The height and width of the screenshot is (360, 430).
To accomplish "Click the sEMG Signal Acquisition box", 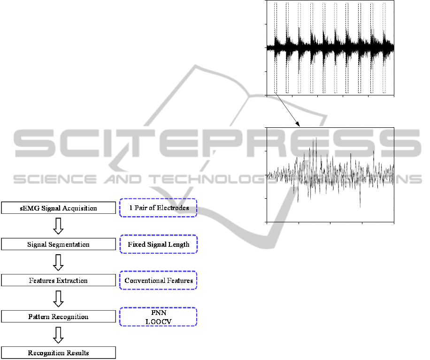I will pos(58,208).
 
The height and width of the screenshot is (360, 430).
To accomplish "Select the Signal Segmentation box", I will pos(58,244).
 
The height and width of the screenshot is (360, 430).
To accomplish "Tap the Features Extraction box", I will pos(58,281).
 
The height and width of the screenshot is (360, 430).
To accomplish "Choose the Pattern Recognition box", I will pos(58,317).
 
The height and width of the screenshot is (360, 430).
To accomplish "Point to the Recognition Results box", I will pos(58,353).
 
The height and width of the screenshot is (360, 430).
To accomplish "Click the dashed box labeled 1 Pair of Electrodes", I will pos(158,208).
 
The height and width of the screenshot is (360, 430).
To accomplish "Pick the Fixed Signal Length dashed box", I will pos(159,244).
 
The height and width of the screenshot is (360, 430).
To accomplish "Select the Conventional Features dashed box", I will pos(159,281).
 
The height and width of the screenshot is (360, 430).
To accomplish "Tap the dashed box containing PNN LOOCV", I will pos(159,317).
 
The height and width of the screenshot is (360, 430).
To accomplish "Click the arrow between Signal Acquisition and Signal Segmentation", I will pos(58,227).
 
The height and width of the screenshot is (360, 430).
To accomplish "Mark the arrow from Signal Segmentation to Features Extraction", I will pos(58,263).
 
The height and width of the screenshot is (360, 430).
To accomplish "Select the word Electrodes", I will pos(172,208).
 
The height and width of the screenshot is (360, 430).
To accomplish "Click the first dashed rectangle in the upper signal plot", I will pos(276,47).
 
